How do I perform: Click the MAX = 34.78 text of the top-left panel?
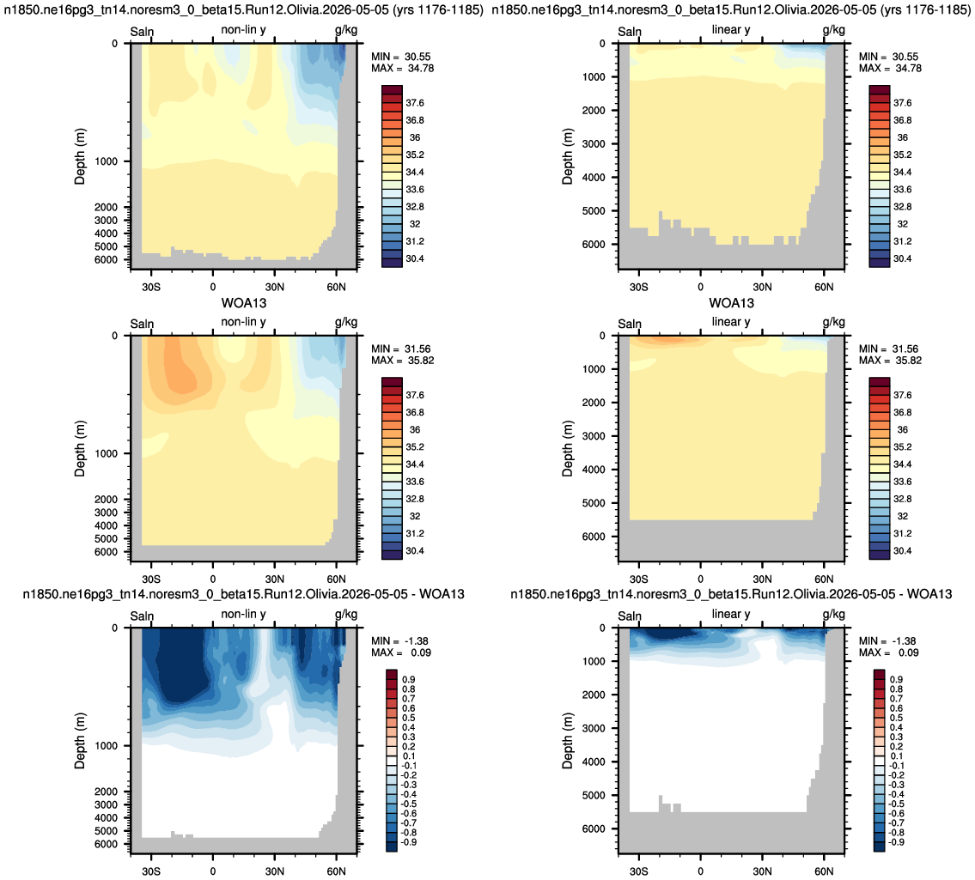coord(402,69)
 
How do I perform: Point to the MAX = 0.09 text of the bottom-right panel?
coord(888,652)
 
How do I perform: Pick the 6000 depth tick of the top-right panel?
coord(594,245)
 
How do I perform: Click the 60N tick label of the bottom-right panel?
coord(824,871)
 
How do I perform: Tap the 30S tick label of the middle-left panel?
coord(151,580)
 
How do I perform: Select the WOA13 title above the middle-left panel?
coord(244,303)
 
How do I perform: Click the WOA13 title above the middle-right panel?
coord(731,303)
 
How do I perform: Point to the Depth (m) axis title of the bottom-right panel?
coord(567,741)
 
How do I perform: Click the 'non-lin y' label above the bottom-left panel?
coord(243,614)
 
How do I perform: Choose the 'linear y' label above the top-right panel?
coord(731,30)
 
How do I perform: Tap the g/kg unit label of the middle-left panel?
coord(346,322)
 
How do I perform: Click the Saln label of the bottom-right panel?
coord(630,616)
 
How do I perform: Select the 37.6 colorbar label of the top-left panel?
coord(415,103)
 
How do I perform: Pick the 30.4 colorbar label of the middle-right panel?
coord(902,550)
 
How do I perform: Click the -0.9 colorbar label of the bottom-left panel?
coord(408,842)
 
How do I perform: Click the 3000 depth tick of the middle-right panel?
coord(594,436)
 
